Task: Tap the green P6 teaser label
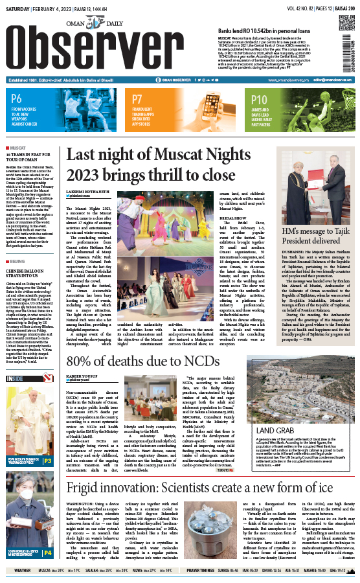click(x=16, y=99)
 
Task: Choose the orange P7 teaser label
click(x=137, y=99)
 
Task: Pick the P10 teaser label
click(x=259, y=99)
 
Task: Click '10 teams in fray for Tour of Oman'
click(x=26, y=158)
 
